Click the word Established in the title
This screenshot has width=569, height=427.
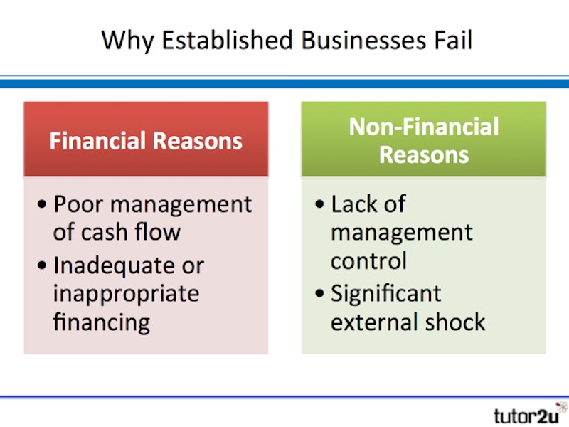[x=227, y=40]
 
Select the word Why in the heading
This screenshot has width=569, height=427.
[x=128, y=42]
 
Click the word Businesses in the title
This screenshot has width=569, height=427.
[x=363, y=40]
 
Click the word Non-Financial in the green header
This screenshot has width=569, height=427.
[x=424, y=127]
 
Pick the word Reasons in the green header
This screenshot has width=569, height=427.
[x=424, y=155]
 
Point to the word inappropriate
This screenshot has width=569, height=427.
[x=127, y=295]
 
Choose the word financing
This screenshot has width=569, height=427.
[x=102, y=323]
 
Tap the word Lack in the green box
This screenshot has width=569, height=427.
[x=354, y=204]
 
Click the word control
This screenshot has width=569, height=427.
[x=368, y=260]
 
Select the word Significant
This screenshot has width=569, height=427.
[x=386, y=293]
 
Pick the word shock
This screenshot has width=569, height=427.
[x=455, y=322]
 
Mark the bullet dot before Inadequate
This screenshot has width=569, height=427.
[x=42, y=265]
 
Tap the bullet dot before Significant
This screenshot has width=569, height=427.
[x=319, y=293]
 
